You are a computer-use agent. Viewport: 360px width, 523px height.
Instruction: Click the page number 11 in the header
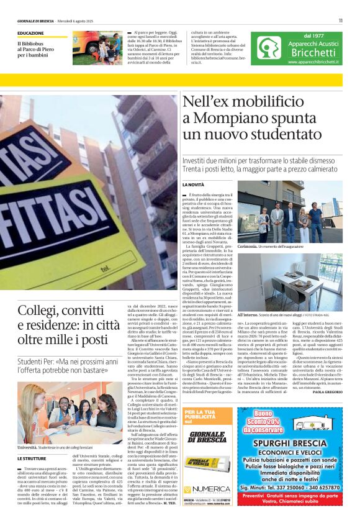(340, 20)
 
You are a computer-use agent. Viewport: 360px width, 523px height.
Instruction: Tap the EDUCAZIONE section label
(31, 33)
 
